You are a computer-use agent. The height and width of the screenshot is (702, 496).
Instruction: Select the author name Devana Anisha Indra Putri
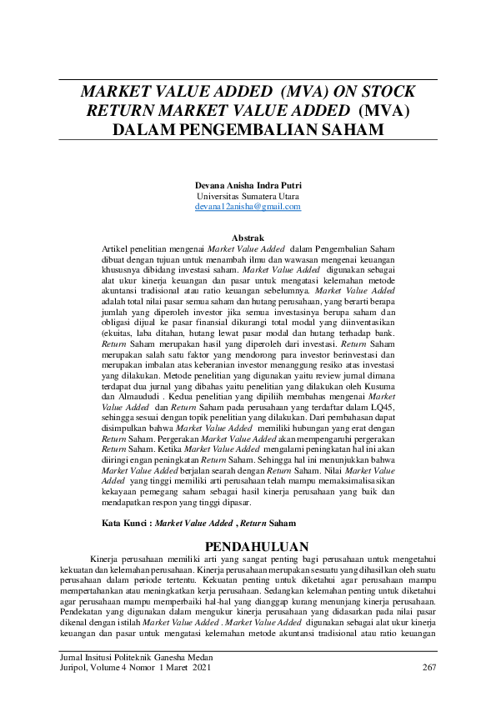tap(248, 185)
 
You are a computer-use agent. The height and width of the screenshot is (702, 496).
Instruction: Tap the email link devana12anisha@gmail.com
tap(248, 206)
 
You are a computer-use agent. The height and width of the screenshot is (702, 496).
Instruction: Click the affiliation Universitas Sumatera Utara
tap(248, 196)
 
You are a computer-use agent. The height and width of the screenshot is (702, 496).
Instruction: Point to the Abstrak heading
tap(248, 238)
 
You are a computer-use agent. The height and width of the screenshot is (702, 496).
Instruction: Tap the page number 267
tap(429, 667)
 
